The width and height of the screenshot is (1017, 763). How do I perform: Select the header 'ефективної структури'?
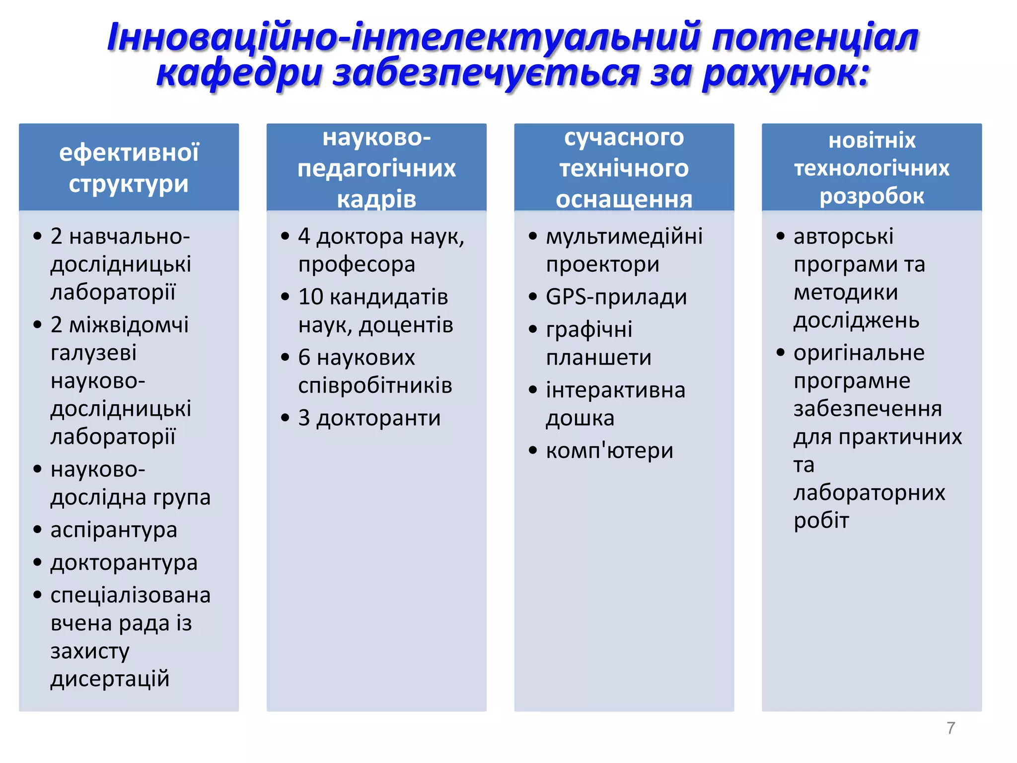[x=129, y=168]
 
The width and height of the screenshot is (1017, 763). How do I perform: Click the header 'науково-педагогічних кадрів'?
[x=376, y=168]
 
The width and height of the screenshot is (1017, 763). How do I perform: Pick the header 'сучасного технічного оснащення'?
[x=624, y=168]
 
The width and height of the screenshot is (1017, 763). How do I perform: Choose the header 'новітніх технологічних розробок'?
[x=872, y=168]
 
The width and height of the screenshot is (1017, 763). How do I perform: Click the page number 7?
[x=950, y=728]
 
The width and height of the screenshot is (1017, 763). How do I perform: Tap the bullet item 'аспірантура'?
[x=114, y=530]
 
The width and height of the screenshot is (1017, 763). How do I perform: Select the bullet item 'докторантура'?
[x=124, y=563]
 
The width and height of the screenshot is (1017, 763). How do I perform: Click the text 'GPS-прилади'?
[x=616, y=298]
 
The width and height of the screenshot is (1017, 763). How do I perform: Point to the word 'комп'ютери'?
[x=609, y=451]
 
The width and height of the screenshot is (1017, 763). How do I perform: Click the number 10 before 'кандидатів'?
[x=310, y=298]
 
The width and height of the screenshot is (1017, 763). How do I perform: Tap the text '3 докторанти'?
[x=369, y=418]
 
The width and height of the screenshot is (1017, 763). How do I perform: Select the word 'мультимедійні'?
[x=624, y=236]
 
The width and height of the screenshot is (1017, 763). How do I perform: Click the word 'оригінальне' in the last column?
[x=859, y=353]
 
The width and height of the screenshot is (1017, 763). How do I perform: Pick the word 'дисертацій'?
[x=110, y=679]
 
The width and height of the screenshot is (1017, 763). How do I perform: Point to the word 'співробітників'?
[x=375, y=386]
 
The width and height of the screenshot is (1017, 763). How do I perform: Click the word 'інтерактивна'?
[x=615, y=390]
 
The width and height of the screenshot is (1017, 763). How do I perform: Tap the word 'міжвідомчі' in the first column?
[x=129, y=325]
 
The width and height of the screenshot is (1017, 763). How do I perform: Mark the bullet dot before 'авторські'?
[x=780, y=236]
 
